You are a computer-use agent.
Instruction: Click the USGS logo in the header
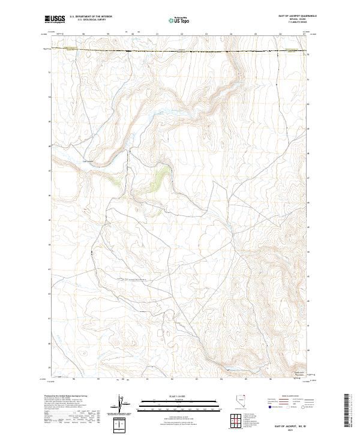55,19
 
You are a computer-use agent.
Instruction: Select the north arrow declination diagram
127,405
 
